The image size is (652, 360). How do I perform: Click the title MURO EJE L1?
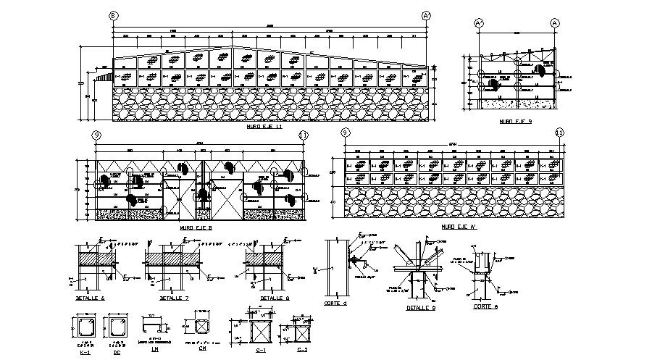click(264, 126)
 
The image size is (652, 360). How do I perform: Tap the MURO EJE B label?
click(195, 227)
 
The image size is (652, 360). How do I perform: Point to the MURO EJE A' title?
click(456, 227)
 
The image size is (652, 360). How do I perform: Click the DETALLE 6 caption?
click(91, 298)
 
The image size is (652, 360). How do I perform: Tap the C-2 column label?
click(302, 350)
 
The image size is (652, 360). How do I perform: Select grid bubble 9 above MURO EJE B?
click(96, 135)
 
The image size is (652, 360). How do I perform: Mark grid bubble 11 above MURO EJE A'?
click(559, 133)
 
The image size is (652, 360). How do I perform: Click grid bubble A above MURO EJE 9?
click(555, 22)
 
